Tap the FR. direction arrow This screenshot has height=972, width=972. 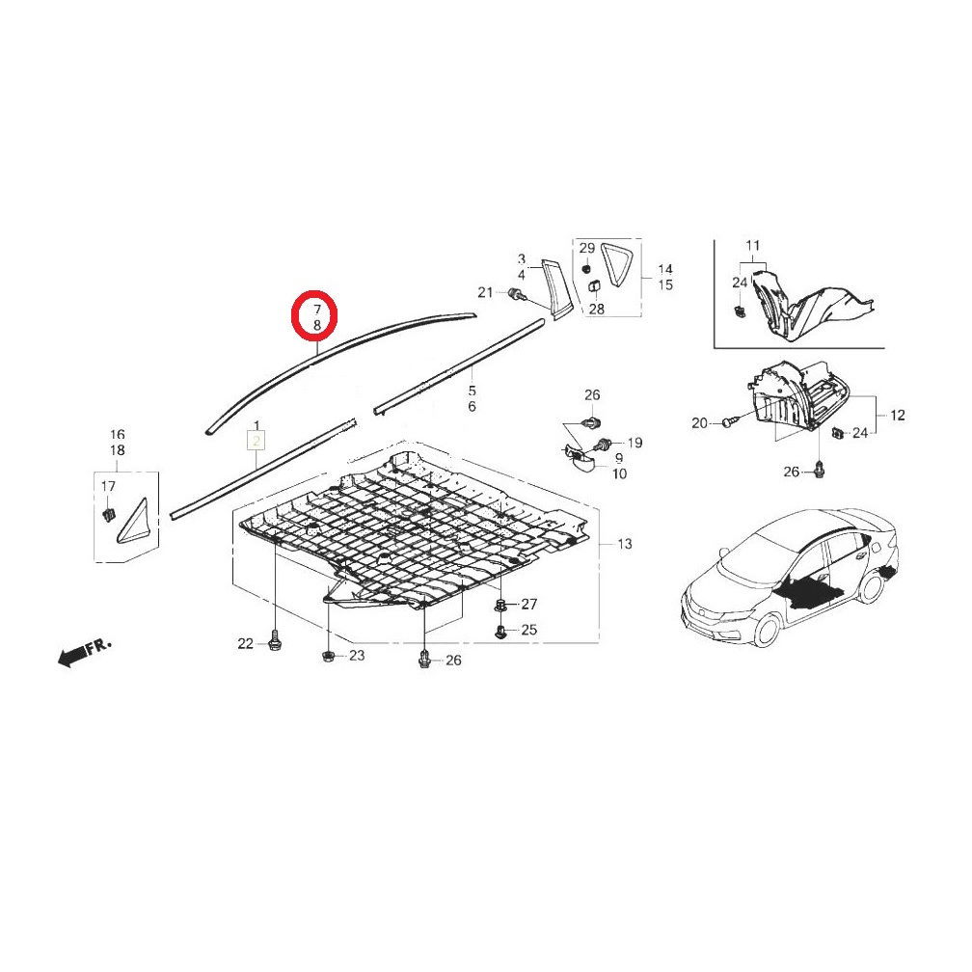coord(85,653)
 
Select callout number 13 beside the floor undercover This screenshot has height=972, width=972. coord(625,544)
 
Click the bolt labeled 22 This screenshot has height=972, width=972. coord(274,639)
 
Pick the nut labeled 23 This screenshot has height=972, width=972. coord(327,656)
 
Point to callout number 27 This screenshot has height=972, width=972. coord(528,604)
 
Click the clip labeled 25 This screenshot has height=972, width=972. coord(500,632)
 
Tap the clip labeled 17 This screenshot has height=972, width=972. coord(109,514)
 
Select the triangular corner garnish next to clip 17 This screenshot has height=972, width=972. coord(132,522)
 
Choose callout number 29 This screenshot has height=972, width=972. coord(587,248)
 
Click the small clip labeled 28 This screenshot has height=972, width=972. coord(594,286)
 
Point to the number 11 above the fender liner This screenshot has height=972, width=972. coord(752,246)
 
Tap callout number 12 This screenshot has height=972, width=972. coord(897,415)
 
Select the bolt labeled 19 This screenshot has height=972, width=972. coord(604,444)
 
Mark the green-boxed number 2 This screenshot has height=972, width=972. coord(256,442)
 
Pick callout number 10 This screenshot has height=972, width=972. coord(619,473)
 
